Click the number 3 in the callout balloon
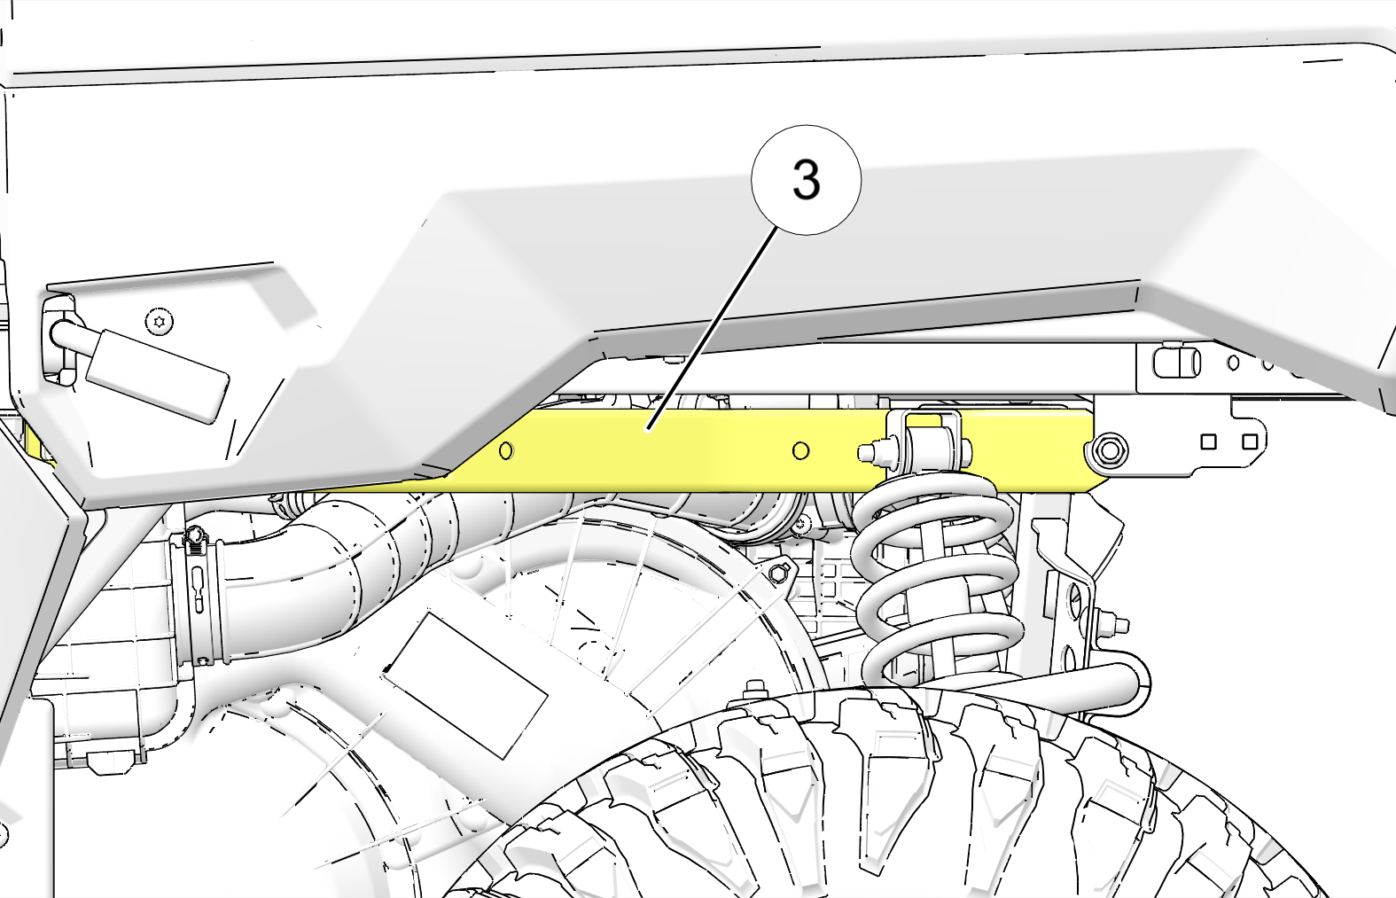806,179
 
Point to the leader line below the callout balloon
713,328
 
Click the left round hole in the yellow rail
506,450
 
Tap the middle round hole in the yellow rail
801,450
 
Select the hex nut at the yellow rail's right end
1110,449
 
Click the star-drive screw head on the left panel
159,322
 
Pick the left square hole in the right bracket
1208,441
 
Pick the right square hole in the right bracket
1250,441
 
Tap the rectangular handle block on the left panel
157,377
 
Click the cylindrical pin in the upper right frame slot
1177,363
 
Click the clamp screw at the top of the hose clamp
196,535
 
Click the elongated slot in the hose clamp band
199,590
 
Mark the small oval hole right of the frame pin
1233,362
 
